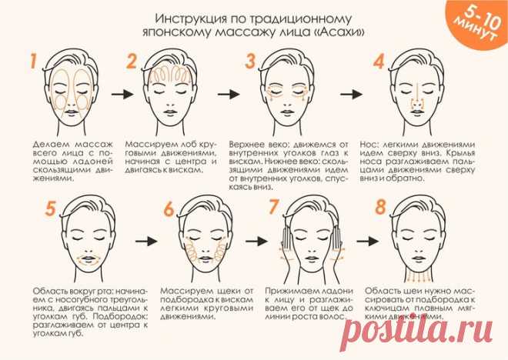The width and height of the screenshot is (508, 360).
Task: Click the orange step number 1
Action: (33, 62)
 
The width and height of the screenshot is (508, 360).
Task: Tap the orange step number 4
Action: (379, 62)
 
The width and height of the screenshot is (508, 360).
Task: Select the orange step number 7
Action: (274, 207)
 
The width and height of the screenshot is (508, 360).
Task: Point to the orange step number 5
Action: (50, 208)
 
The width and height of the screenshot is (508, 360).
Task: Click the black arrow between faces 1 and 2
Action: (122, 94)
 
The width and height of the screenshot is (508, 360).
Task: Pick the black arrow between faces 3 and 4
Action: (352, 94)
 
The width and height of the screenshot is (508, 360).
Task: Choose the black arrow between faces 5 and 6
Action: (146, 241)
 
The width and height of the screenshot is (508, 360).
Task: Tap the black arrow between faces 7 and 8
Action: (368, 241)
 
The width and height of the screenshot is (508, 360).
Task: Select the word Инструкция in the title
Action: (191, 18)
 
